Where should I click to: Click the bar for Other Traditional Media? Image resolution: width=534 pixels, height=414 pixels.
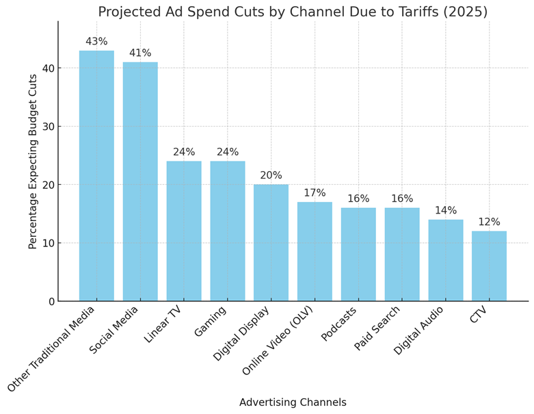coord(96,176)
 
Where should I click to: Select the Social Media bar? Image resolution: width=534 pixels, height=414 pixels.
coord(140,181)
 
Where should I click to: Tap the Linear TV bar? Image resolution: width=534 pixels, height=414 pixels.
coord(184,231)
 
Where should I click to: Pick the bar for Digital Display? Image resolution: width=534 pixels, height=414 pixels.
coord(271,243)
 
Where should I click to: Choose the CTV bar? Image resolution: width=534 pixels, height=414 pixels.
coord(489,266)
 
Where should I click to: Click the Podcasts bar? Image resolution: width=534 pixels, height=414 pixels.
coord(358,255)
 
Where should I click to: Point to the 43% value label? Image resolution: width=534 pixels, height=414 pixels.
coord(96,42)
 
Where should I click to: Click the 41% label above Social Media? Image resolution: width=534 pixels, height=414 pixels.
coord(140,53)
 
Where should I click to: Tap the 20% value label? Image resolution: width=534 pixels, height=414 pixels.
coord(271,176)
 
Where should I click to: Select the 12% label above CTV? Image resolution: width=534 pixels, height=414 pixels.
coord(489,222)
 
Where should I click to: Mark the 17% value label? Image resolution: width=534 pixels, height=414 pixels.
coord(315,193)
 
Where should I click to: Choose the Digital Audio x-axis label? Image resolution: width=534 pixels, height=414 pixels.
coord(418,331)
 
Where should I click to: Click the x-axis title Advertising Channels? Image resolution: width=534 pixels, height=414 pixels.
coord(293,402)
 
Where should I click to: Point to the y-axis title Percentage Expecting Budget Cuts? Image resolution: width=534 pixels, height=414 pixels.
coord(34,161)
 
